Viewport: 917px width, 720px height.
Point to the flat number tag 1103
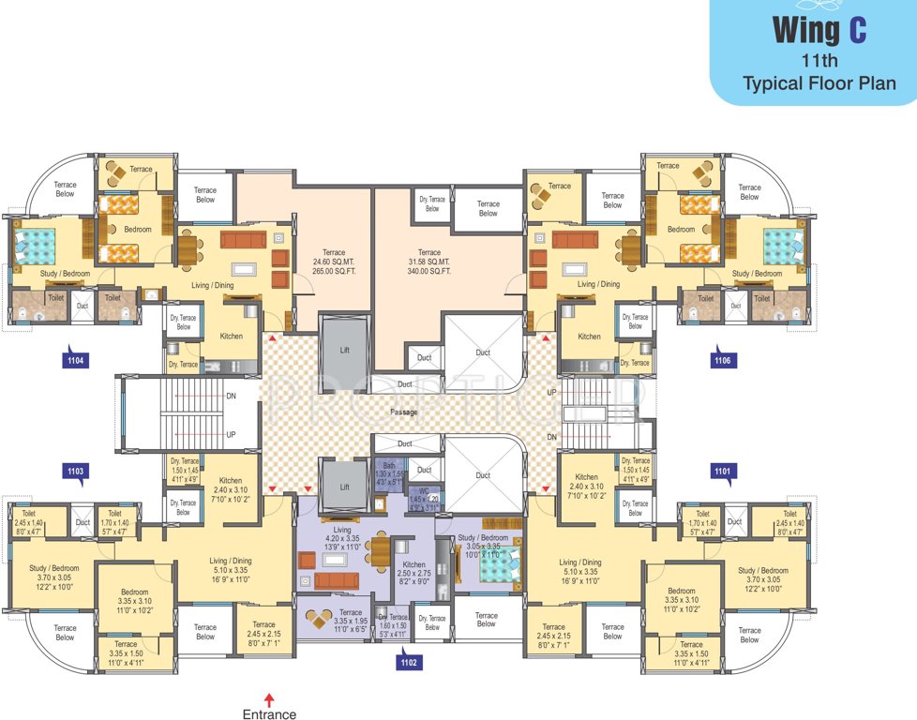[76, 471]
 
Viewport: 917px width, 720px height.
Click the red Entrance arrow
[269, 698]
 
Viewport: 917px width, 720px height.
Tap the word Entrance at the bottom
[269, 714]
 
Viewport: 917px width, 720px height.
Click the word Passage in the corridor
[405, 412]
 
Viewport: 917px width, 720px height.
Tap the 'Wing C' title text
[818, 30]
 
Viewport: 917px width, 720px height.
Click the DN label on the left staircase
[231, 397]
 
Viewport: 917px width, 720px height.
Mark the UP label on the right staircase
[551, 391]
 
